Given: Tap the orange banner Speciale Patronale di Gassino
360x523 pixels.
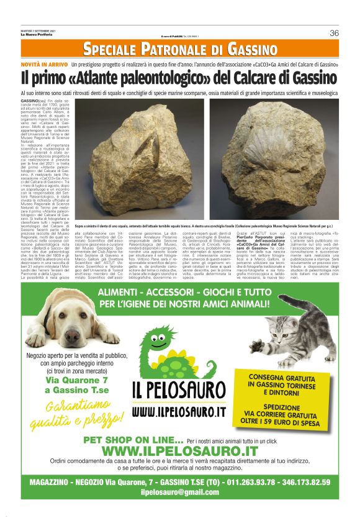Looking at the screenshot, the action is click(x=180, y=49).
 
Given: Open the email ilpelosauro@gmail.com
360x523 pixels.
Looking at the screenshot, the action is click(x=179, y=492).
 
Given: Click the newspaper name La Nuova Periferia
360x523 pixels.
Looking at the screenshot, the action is click(x=36, y=34).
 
